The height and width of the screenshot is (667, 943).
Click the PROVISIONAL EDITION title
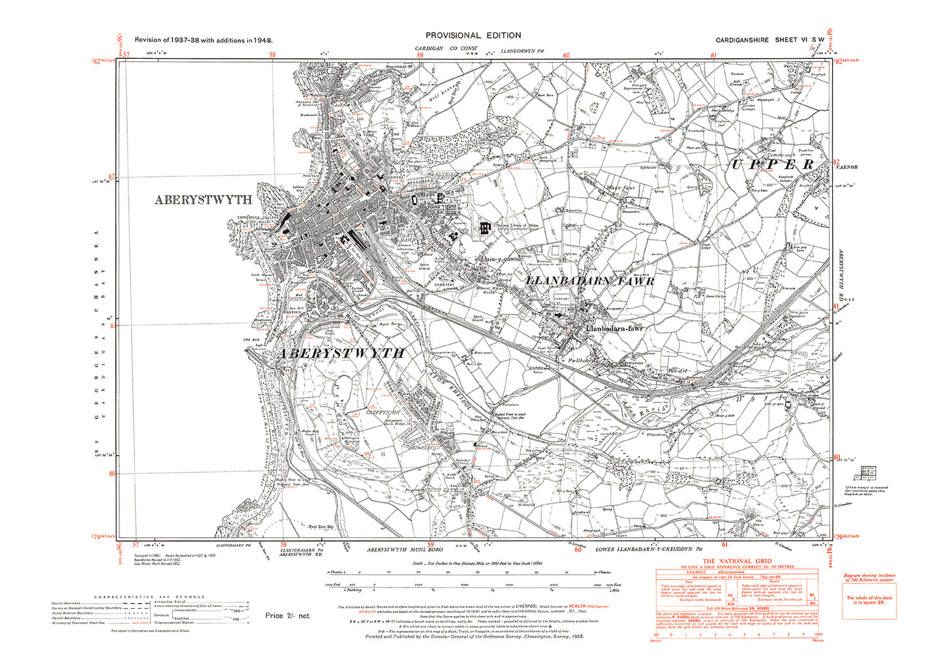[473, 36]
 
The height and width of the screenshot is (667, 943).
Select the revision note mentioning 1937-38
[204, 40]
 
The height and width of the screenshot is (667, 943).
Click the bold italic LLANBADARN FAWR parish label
[590, 281]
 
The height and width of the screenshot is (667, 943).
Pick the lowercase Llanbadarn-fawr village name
[614, 329]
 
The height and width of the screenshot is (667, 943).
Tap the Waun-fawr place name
[621, 188]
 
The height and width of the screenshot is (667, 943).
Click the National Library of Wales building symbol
[484, 228]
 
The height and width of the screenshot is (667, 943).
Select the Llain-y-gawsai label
[501, 259]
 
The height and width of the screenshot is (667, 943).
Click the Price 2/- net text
[287, 615]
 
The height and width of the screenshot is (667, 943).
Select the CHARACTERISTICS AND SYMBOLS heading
[149, 597]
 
